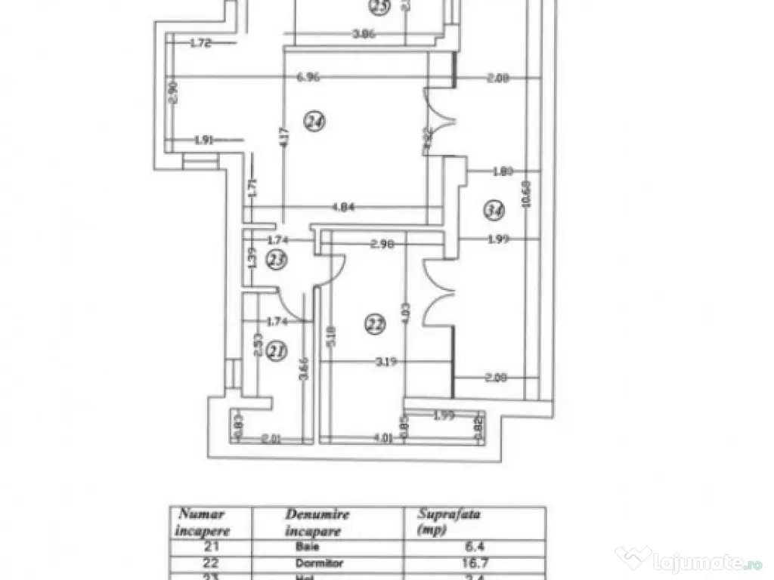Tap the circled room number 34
pyautogui.click(x=494, y=211)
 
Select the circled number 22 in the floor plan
pyautogui.click(x=374, y=324)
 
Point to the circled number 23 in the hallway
pyautogui.click(x=277, y=261)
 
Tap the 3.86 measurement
pyautogui.click(x=366, y=33)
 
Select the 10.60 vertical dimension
pyautogui.click(x=536, y=199)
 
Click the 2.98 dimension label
pyautogui.click(x=385, y=244)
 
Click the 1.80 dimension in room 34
pyautogui.click(x=503, y=171)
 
